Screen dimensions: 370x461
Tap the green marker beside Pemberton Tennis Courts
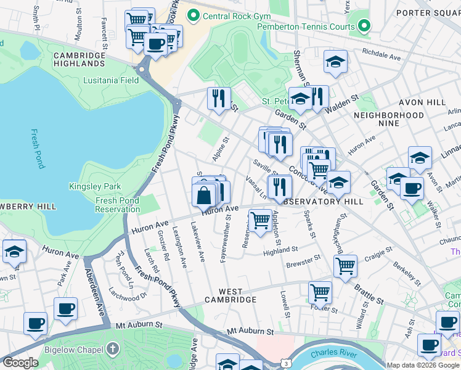click(x=364, y=27)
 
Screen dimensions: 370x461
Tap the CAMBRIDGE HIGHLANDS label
click(x=79, y=59)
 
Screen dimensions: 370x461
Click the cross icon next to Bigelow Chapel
click(x=112, y=350)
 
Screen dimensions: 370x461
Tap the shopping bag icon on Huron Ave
click(x=203, y=196)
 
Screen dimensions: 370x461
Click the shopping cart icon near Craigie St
click(x=345, y=266)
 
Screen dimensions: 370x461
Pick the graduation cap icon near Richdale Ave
click(x=335, y=62)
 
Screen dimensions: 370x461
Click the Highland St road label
click(x=280, y=250)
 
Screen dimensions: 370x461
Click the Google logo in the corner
click(x=20, y=363)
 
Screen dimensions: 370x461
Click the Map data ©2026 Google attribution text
click(x=423, y=365)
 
